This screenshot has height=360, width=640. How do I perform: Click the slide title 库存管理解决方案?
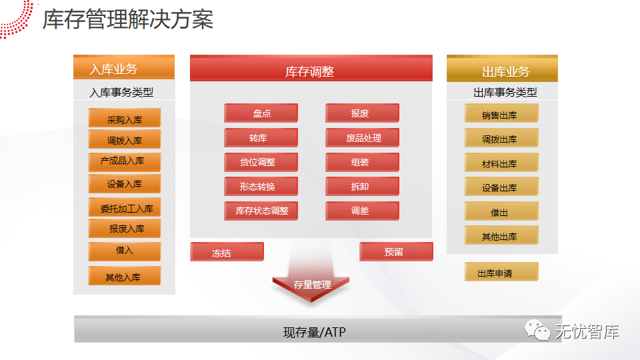128,19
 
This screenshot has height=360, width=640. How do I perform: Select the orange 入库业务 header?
124,68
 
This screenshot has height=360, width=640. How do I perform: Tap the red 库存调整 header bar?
311,70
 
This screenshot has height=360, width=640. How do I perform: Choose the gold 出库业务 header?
502,70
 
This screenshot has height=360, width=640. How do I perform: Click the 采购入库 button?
125,119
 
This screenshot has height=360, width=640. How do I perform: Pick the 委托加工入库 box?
125,208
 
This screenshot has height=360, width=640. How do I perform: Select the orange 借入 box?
125,251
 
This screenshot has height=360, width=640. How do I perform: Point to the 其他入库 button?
125,276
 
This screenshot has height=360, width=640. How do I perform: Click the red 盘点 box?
261,113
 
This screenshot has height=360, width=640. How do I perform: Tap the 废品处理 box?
363,138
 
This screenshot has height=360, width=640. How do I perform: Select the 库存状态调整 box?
261,211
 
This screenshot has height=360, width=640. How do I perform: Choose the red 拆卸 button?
363,186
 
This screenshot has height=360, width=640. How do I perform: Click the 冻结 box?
227,252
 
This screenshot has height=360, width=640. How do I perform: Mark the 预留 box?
396,251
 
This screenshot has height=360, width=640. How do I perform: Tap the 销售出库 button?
501,114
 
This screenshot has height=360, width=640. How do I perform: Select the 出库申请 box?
501,272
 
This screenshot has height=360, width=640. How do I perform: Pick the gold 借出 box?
501,212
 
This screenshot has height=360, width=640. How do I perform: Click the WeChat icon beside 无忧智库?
537,329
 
